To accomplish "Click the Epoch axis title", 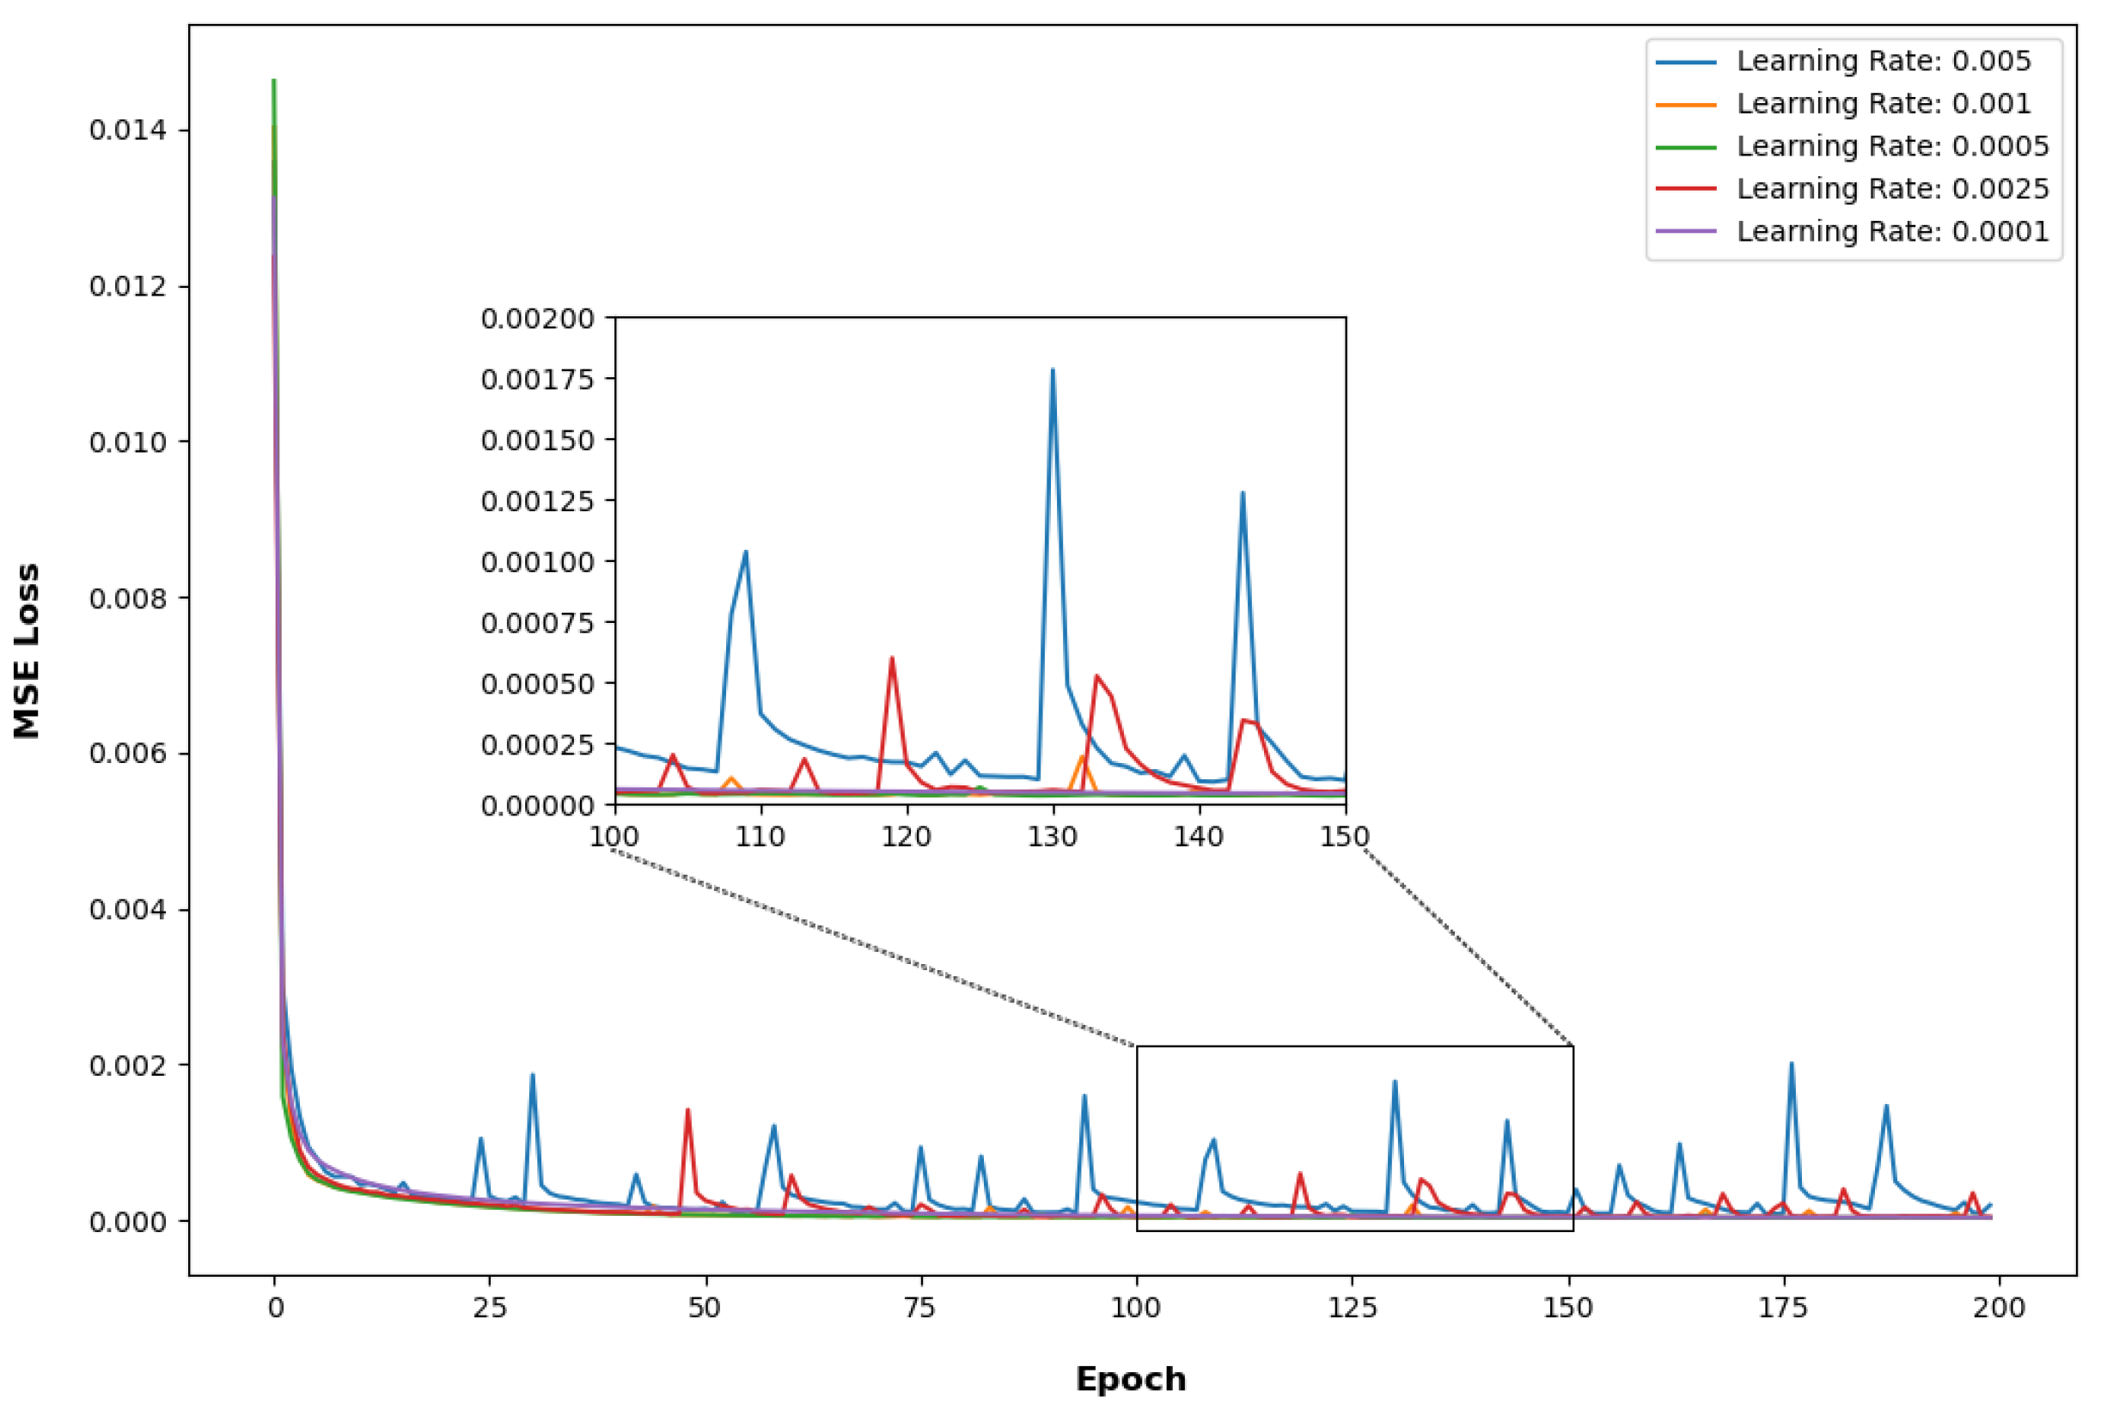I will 1130,1378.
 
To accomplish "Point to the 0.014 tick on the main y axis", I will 128,131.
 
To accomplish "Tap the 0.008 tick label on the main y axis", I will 128,598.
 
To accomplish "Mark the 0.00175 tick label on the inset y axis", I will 538,380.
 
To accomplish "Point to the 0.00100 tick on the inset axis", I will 538,562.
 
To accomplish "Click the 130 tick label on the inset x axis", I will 1052,837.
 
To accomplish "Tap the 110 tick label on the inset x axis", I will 760,837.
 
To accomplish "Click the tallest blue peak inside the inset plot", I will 1052,370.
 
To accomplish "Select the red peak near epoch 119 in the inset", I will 891,658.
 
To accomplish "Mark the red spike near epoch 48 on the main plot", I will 687,1110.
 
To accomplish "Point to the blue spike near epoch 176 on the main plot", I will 1791,1065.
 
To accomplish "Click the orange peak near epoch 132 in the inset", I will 1083,757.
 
